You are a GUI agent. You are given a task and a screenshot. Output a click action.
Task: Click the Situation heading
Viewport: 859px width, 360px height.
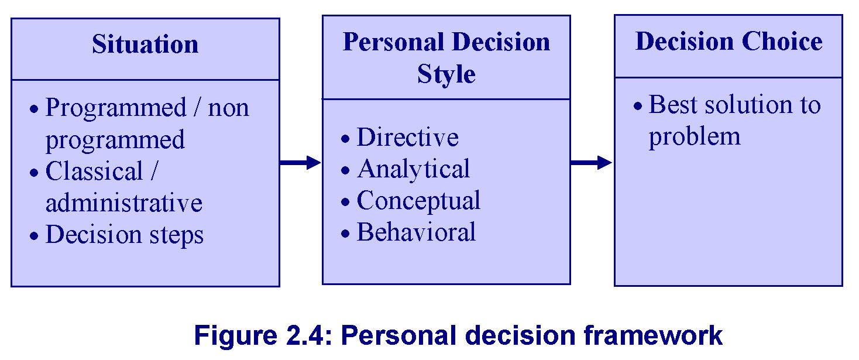tap(145, 44)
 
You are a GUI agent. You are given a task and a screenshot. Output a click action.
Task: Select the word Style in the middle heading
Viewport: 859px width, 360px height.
tap(446, 74)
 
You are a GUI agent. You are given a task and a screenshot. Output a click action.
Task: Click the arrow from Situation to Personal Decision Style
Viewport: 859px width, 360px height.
tap(300, 162)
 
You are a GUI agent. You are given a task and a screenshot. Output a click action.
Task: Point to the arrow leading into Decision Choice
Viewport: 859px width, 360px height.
tap(591, 162)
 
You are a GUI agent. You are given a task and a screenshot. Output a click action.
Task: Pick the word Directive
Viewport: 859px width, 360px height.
tap(408, 137)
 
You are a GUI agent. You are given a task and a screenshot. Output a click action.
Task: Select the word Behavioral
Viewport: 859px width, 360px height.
tap(416, 232)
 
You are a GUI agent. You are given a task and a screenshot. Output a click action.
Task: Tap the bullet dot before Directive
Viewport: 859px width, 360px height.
tap(345, 139)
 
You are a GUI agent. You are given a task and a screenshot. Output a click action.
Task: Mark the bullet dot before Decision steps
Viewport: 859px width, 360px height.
tap(34, 236)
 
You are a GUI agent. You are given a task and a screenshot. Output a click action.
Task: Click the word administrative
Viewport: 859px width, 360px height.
tap(124, 203)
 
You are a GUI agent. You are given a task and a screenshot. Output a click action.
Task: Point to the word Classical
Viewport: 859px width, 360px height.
tap(94, 171)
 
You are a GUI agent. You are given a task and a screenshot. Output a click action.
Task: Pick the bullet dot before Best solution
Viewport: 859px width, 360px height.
tap(638, 107)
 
